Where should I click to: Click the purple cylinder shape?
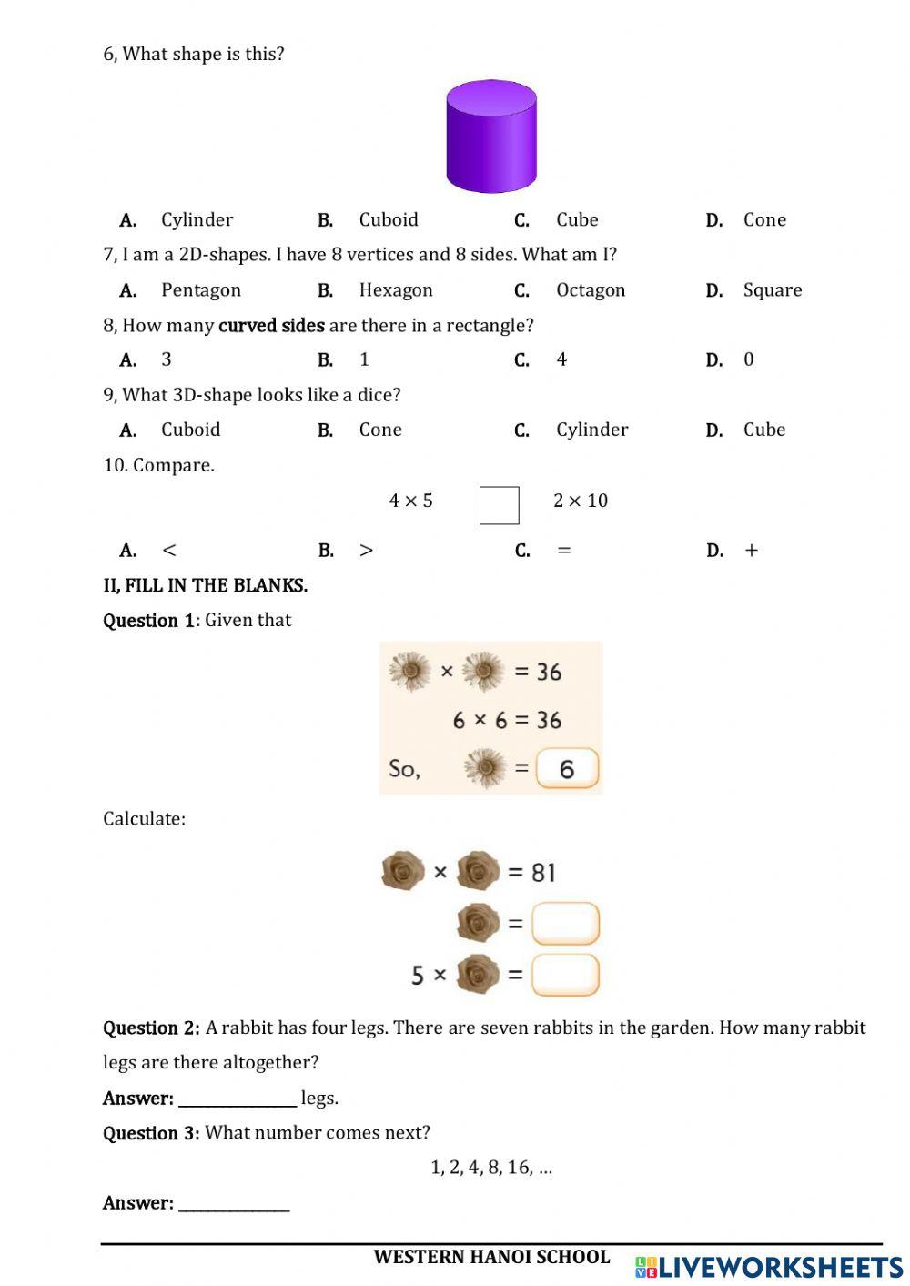tap(491, 137)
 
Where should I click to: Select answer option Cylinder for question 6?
tap(197, 220)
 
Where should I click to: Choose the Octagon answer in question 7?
tap(591, 290)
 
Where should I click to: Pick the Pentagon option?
tap(200, 290)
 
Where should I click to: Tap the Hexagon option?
tap(396, 290)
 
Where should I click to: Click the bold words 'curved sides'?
tap(271, 326)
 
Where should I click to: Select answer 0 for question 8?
tap(749, 359)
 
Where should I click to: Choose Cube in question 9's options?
tap(763, 430)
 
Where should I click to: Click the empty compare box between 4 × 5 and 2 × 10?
tap(499, 505)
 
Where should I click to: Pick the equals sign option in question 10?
tap(564, 551)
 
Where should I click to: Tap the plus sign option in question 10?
tap(751, 551)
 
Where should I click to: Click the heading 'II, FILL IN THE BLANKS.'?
tap(205, 586)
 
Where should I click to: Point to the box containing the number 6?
tap(567, 769)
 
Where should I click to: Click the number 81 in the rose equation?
tap(543, 873)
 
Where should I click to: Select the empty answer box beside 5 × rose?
tap(565, 975)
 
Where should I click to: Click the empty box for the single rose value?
tap(565, 924)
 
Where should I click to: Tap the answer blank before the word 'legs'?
tap(238, 1099)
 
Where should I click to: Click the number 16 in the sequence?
tap(519, 1168)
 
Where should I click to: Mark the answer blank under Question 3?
tap(234, 1204)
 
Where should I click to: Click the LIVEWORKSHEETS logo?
tap(769, 1267)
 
